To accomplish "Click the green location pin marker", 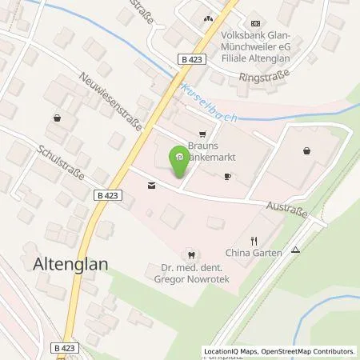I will [179, 161].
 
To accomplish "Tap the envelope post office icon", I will [151, 185].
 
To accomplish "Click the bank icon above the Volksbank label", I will [255, 23].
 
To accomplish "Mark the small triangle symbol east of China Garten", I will [295, 249].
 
